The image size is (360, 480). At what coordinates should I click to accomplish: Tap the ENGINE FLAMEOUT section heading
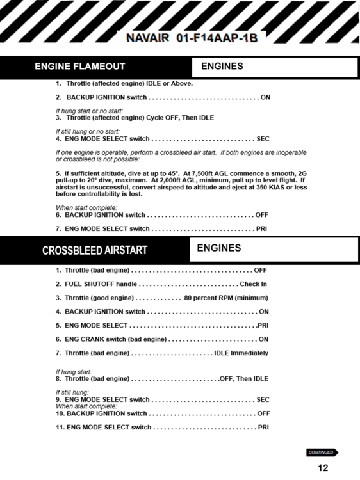click(79, 66)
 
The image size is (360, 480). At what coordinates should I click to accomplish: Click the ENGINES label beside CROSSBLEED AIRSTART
click(219, 248)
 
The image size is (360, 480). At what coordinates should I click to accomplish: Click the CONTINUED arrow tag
click(322, 452)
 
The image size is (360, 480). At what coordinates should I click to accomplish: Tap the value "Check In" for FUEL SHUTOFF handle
click(253, 284)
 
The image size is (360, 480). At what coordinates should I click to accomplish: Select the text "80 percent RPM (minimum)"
click(225, 298)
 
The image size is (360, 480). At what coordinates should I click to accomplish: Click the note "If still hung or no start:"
click(92, 131)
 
